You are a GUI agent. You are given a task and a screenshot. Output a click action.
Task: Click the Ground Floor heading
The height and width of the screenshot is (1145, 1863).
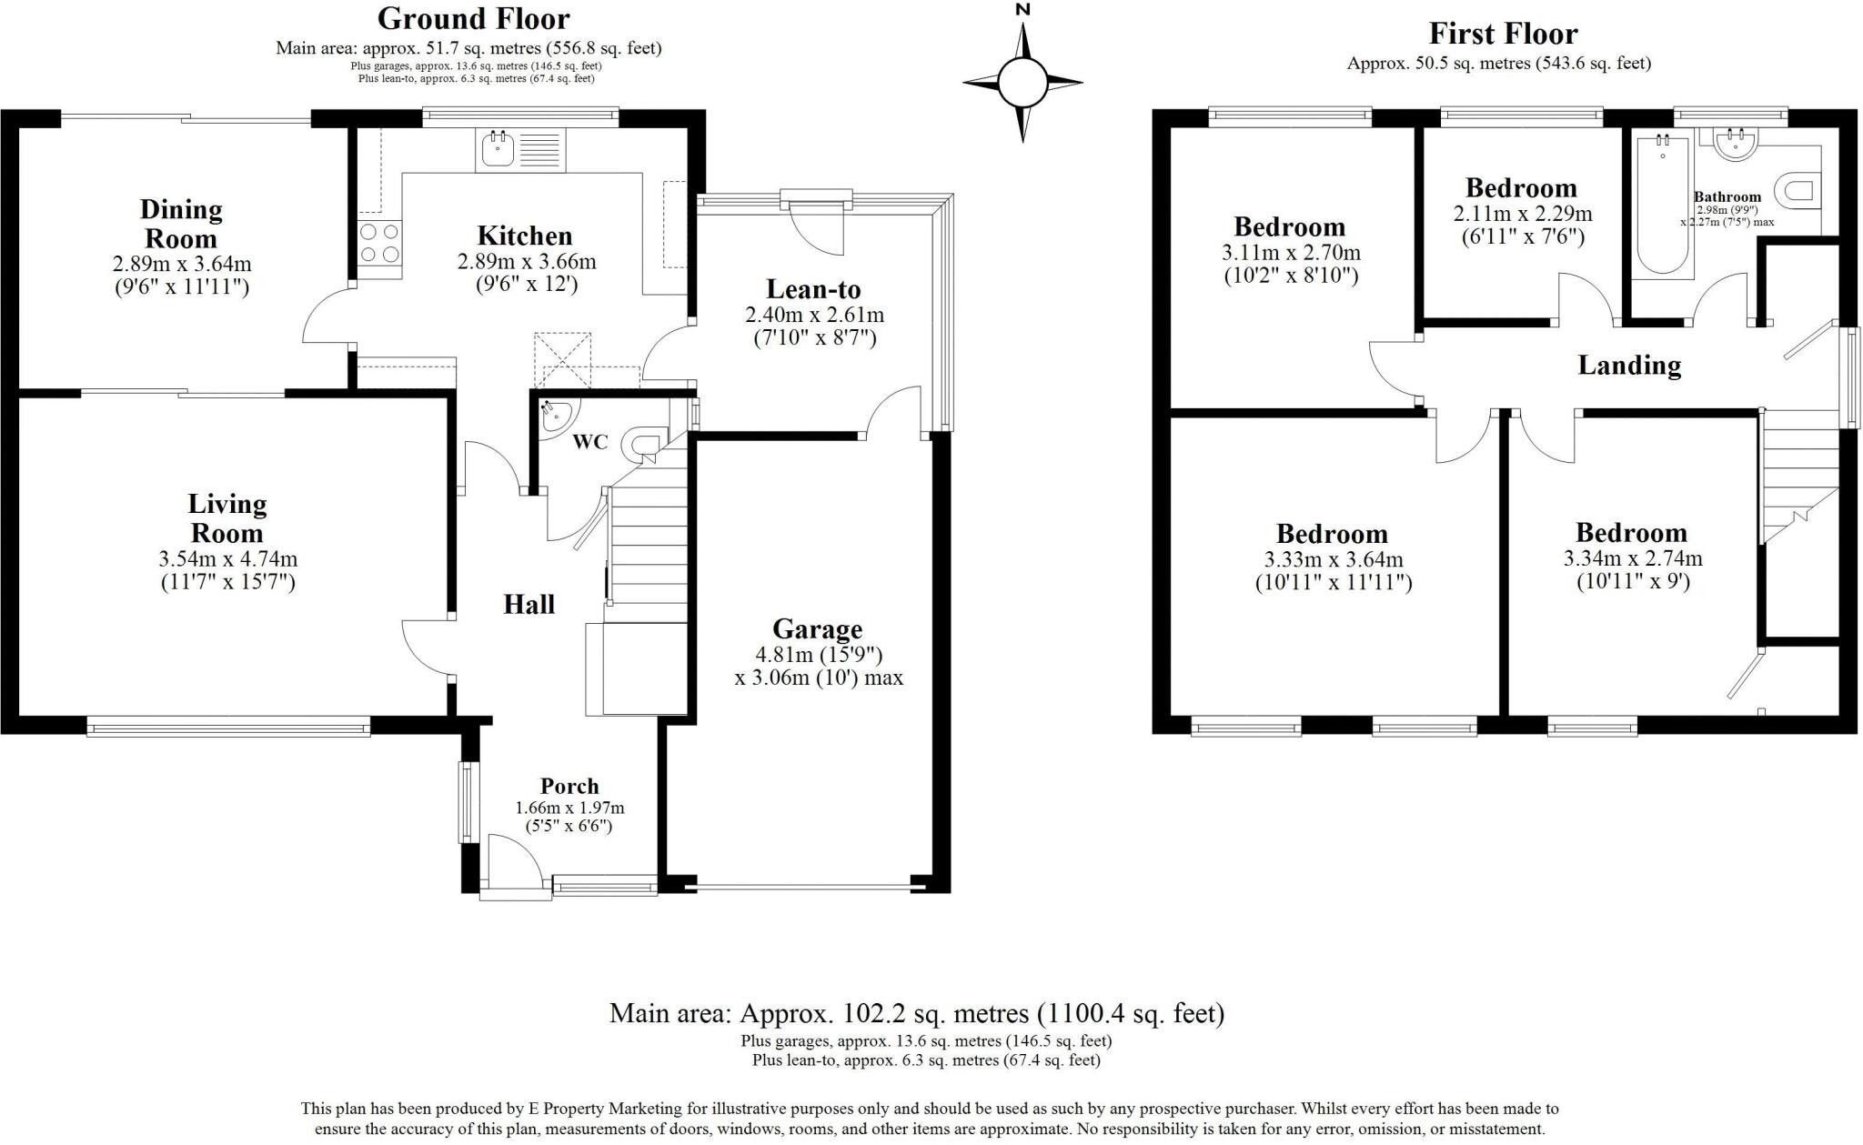473,19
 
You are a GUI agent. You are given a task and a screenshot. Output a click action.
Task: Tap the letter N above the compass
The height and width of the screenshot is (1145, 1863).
1022,10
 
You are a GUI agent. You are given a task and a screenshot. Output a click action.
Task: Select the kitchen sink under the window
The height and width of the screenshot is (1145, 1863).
498,150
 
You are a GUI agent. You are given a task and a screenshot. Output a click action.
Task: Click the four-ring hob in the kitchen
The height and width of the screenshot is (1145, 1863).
379,242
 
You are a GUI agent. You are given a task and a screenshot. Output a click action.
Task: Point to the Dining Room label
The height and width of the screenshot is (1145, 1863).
180,224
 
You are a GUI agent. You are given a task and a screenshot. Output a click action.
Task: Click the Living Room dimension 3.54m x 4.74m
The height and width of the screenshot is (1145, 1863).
227,559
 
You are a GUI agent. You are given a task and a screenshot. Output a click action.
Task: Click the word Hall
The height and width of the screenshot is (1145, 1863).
529,605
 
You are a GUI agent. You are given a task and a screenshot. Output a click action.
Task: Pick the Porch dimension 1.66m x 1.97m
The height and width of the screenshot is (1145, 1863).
569,808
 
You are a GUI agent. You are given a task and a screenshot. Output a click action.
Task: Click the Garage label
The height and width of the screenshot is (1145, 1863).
817,629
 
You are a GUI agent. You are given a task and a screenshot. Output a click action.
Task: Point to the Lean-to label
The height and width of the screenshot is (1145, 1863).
813,290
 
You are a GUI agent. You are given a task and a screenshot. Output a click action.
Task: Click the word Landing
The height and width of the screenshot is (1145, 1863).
1628,366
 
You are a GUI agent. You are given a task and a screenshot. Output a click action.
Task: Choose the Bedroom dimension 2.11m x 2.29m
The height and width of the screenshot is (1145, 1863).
1520,215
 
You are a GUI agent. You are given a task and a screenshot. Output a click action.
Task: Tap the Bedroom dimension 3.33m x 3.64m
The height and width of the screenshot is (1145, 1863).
1333,560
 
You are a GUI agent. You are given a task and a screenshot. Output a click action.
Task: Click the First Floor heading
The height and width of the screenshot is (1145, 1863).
1502,35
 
